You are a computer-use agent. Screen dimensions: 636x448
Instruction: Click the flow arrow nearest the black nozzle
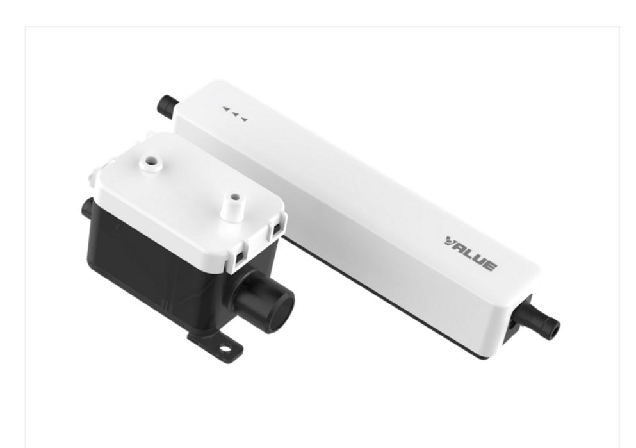[x=225, y=109]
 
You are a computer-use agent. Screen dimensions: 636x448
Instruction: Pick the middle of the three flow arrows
[x=234, y=114]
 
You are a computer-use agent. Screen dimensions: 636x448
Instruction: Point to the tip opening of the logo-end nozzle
[x=553, y=329]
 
